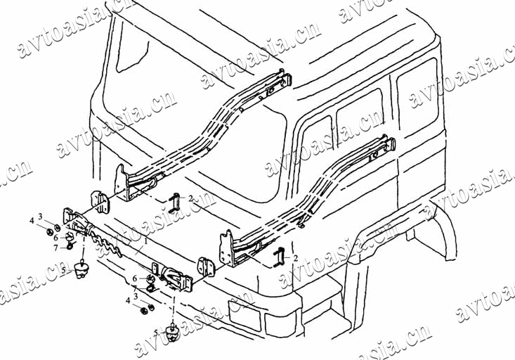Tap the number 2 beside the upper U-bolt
pyautogui.click(x=190, y=199)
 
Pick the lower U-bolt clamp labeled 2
pyautogui.click(x=278, y=257)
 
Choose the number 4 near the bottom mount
pyautogui.click(x=129, y=300)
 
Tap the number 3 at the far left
pyautogui.click(x=40, y=217)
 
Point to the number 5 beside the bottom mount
pyautogui.click(x=156, y=332)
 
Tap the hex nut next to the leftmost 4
pyautogui.click(x=46, y=230)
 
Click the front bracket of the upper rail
pyautogui.click(x=123, y=181)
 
